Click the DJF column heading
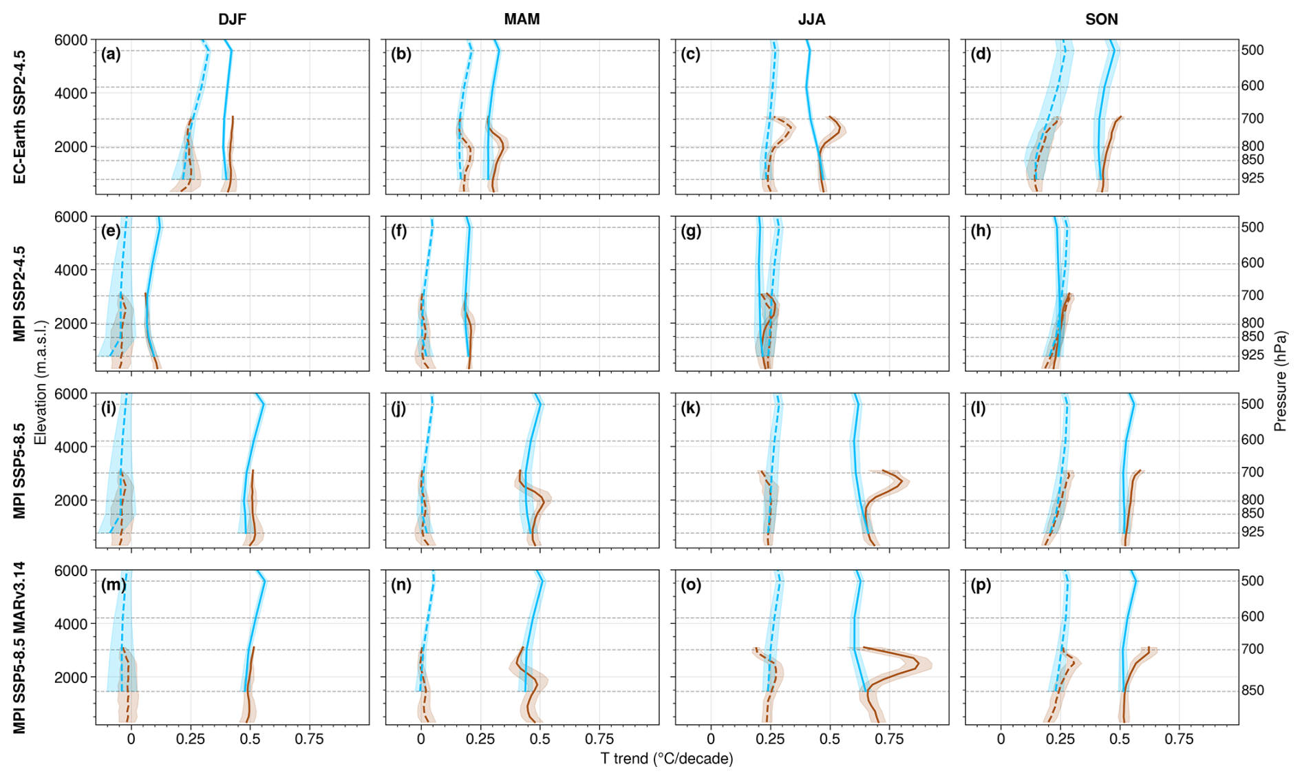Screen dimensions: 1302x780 click(x=232, y=19)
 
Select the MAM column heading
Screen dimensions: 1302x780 click(x=522, y=19)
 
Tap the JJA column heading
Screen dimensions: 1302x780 click(x=811, y=19)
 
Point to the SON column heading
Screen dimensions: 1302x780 click(x=1101, y=19)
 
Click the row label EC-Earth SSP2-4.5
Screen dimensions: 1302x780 click(x=20, y=116)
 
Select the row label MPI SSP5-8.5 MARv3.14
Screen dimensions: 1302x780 click(x=20, y=648)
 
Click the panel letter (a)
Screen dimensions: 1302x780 click(x=111, y=54)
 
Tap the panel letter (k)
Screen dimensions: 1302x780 click(x=690, y=408)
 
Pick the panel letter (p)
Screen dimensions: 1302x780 click(x=981, y=585)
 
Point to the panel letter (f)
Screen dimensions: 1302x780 click(x=399, y=231)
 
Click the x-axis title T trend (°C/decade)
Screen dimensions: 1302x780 click(x=667, y=759)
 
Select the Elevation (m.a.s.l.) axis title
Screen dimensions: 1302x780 click(x=41, y=382)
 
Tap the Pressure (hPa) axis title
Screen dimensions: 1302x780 click(x=1280, y=381)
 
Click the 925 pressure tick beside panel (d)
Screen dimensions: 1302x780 click(x=1252, y=178)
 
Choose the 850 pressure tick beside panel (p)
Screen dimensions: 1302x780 click(x=1252, y=691)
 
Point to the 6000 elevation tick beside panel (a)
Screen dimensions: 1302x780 click(x=71, y=40)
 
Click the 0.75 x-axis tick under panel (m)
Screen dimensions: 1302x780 click(x=309, y=739)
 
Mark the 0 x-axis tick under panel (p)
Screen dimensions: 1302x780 click(x=1001, y=739)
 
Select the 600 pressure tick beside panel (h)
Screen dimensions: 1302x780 click(x=1252, y=263)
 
